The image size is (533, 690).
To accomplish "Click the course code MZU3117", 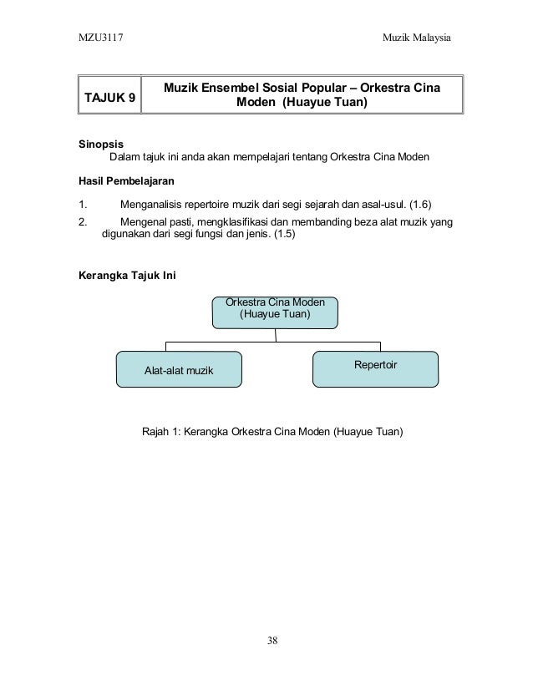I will [99, 39].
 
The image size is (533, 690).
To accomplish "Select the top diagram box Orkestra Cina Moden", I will [275, 310].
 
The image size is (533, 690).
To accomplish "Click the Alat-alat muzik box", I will [179, 369].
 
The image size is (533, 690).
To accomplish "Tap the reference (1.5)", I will [280, 236].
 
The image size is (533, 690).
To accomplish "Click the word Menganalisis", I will [157, 205].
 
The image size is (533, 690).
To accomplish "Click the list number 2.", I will [82, 222].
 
